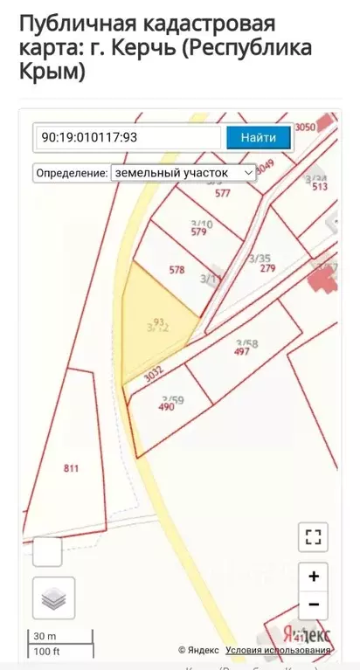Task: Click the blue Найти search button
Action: (x=259, y=137)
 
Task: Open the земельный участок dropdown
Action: (x=183, y=173)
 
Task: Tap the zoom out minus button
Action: (x=313, y=604)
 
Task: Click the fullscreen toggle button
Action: (x=313, y=536)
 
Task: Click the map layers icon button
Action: (x=54, y=598)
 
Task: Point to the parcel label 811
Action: (x=72, y=469)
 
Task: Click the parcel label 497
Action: (x=242, y=352)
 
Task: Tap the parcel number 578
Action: (x=177, y=271)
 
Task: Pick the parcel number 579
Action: (x=198, y=232)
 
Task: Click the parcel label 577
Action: (x=223, y=194)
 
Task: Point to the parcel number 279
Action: (x=267, y=268)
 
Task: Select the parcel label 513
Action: (x=320, y=186)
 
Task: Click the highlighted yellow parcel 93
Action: (x=157, y=324)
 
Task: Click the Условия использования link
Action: (x=278, y=650)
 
